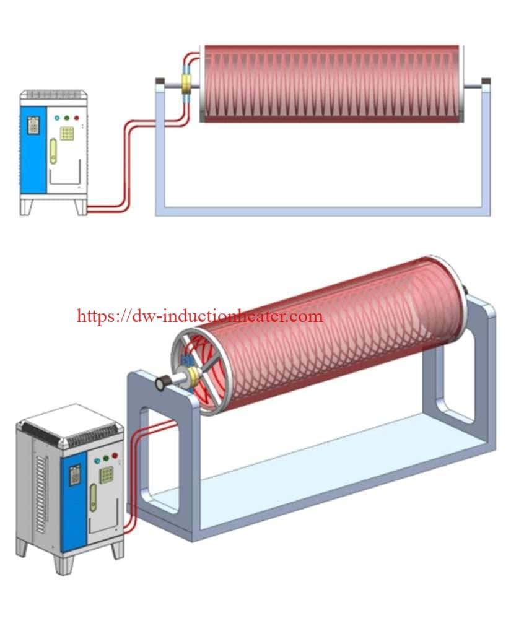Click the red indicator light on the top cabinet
(x=76, y=118)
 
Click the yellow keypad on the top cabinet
(x=67, y=132)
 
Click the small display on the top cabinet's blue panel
(x=33, y=126)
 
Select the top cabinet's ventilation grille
(x=51, y=94)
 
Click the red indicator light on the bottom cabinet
(x=115, y=456)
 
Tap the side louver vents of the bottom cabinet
(x=41, y=489)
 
